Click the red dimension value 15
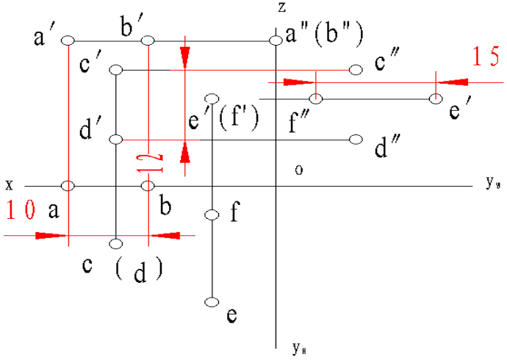tap(485, 57)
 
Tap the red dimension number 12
tap(148, 162)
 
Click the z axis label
tap(281, 8)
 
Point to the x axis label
tap(8, 182)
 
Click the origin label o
tap(298, 170)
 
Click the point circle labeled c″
tap(356, 70)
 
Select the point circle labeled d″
tap(356, 140)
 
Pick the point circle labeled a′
tap(68, 40)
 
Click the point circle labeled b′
tap(148, 40)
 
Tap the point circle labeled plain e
tap(212, 302)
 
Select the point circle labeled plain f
tap(212, 215)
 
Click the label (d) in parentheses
tap(140, 271)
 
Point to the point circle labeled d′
tap(115, 139)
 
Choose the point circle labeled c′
tap(115, 70)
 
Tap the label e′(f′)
tap(224, 119)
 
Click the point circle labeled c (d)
tap(115, 243)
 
